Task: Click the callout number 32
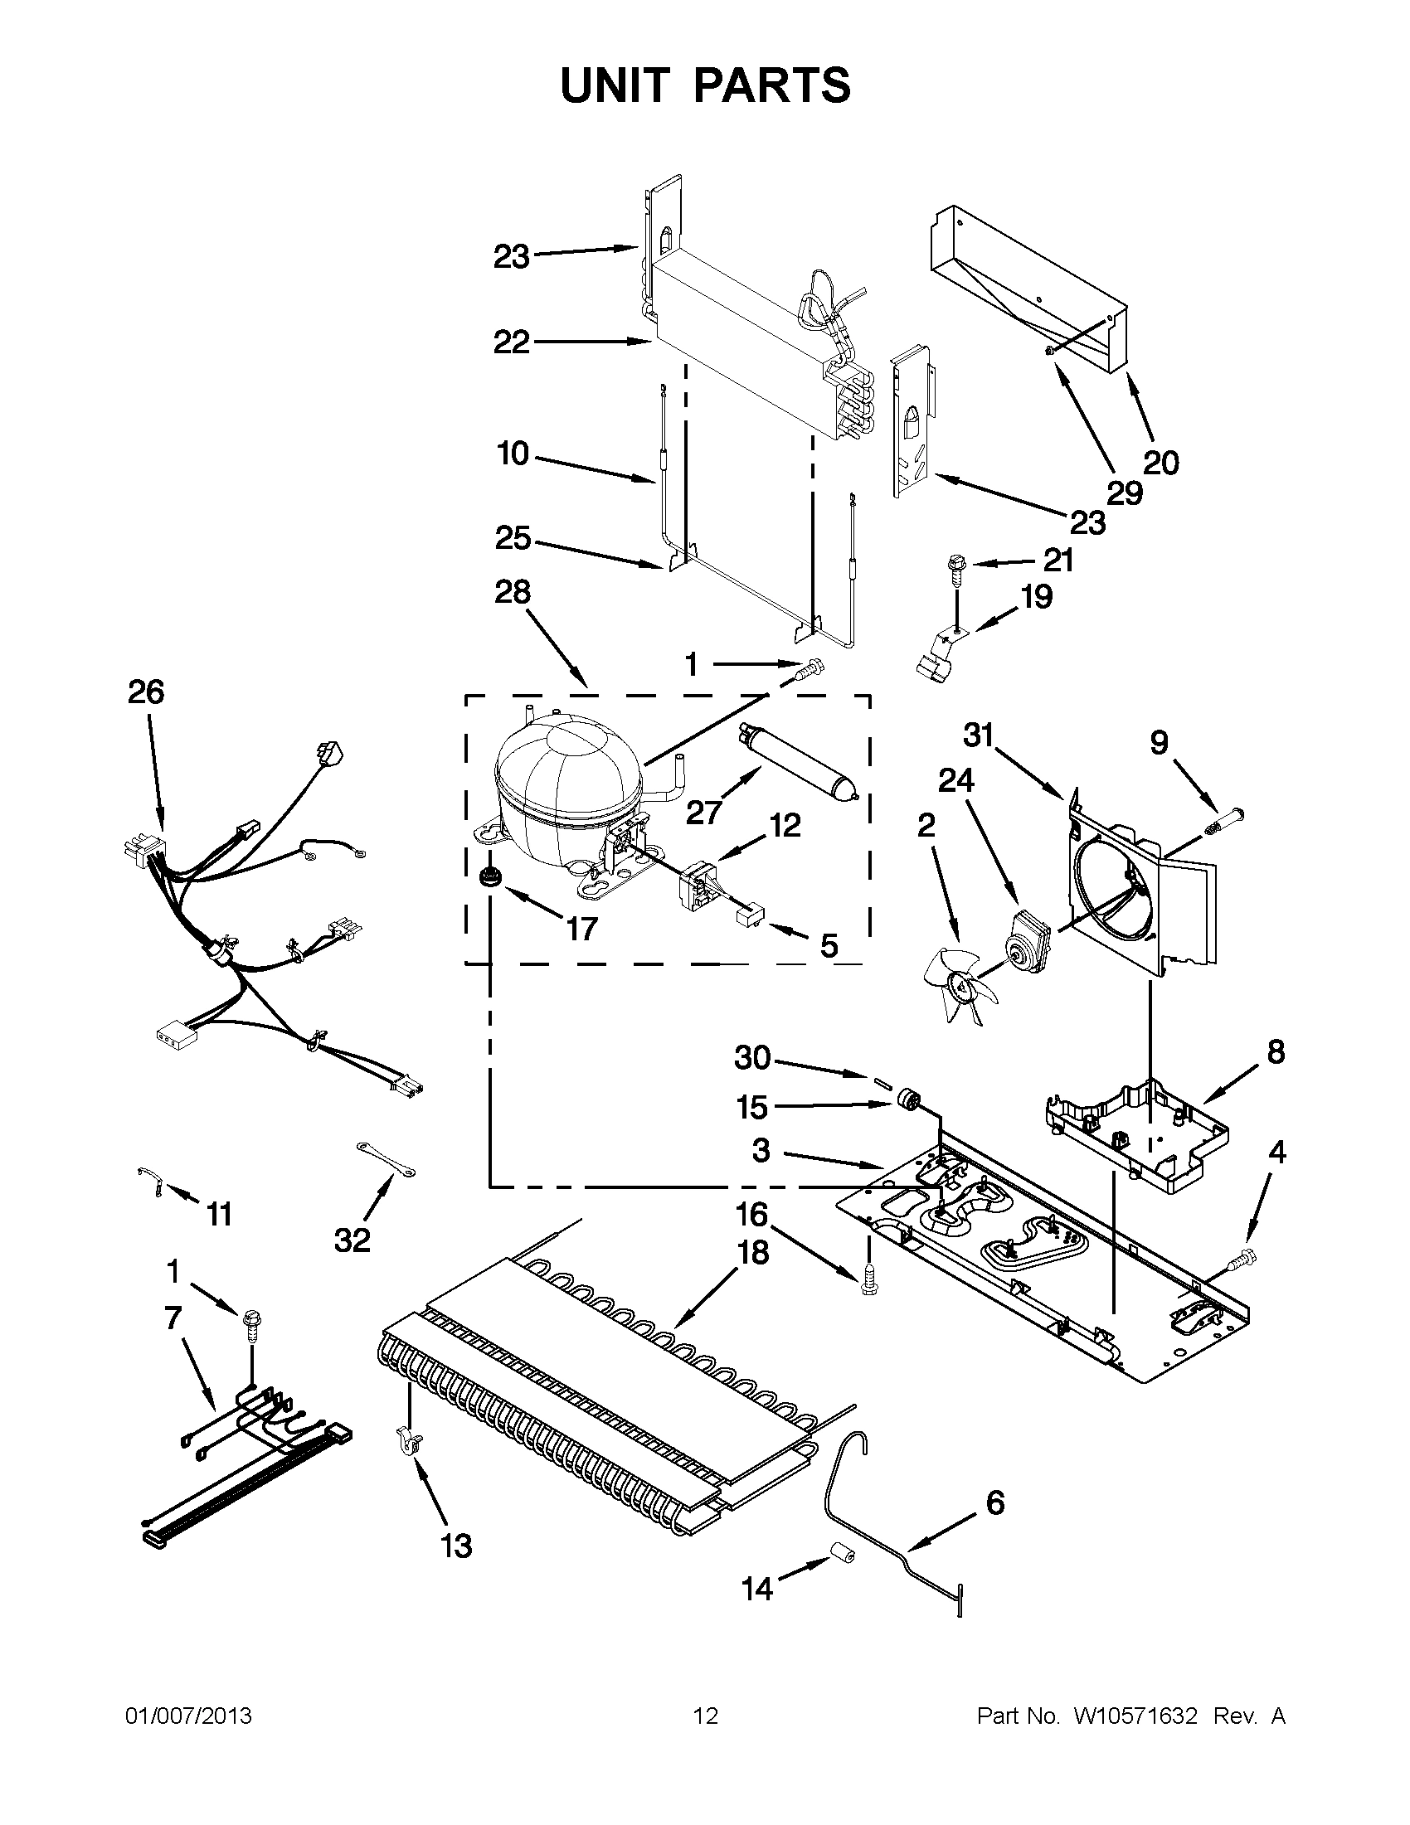pyautogui.click(x=352, y=1240)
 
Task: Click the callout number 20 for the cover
pyautogui.click(x=1160, y=462)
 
